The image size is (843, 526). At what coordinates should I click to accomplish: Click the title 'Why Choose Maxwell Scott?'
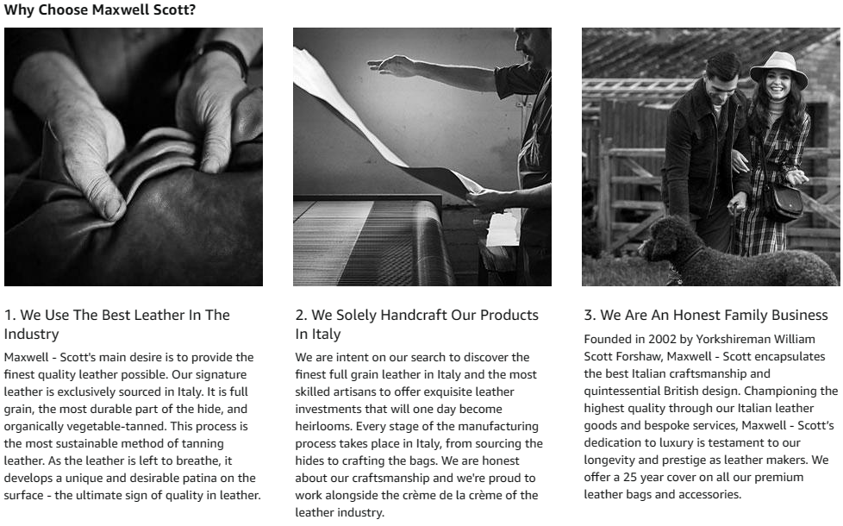coord(99,9)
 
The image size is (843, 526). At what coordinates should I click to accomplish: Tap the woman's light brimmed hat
coord(778,69)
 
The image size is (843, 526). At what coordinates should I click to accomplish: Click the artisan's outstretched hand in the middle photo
coord(392,66)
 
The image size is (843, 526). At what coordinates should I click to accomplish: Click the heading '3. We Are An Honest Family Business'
coord(706,316)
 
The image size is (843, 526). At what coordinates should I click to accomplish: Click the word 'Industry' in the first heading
coord(31,334)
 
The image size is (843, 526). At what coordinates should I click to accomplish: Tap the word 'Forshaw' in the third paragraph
coord(634,357)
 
